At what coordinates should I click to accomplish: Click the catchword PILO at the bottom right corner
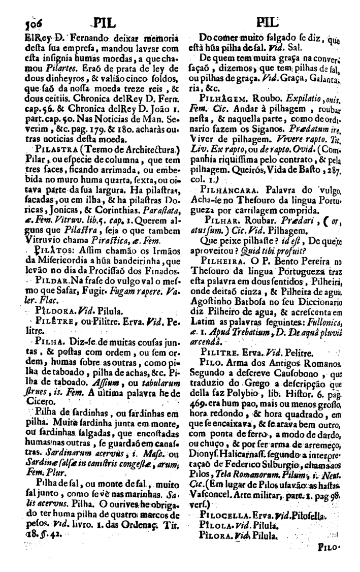click(329, 561)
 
